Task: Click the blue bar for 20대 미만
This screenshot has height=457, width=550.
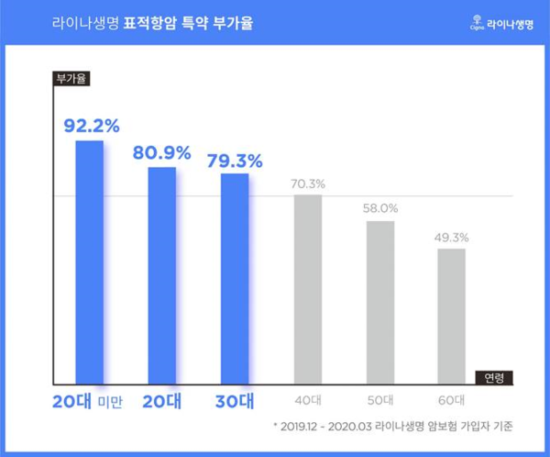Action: (90, 262)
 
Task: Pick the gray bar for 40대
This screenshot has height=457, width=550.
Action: (308, 289)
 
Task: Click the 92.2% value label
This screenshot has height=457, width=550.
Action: (91, 125)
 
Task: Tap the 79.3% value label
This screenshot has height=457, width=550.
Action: (235, 160)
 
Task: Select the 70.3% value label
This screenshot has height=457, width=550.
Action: (308, 184)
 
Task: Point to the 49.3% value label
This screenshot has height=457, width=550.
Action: (451, 238)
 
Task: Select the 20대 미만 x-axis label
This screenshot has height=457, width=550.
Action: (88, 401)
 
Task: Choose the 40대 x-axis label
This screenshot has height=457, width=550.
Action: (308, 401)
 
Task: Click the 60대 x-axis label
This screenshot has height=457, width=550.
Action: (451, 401)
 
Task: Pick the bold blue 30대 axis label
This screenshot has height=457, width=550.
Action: (235, 401)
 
